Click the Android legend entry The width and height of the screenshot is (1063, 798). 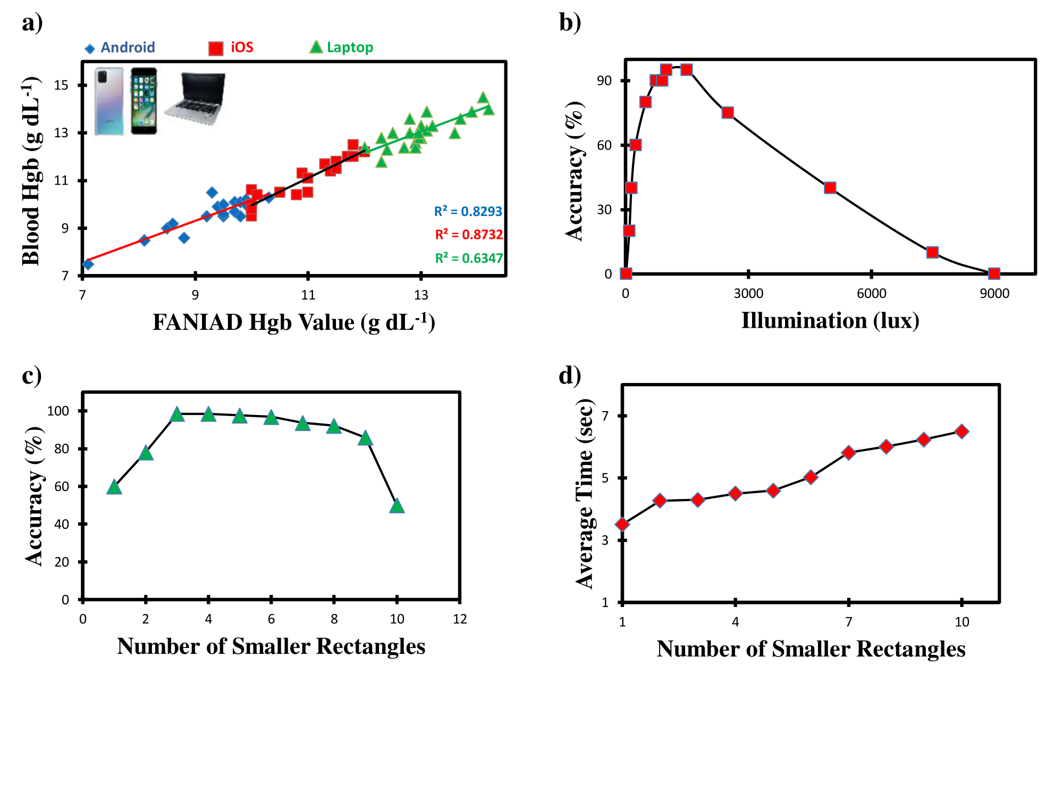121,48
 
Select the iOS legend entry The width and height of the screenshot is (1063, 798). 232,48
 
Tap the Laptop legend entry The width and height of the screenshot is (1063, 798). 342,47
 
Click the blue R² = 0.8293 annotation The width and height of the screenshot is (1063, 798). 468,211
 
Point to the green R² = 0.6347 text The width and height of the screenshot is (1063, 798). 468,258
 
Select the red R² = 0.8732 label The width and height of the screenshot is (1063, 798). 468,235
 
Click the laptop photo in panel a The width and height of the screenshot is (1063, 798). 196,98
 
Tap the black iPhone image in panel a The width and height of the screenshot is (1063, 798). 144,101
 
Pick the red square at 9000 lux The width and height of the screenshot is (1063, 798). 994,273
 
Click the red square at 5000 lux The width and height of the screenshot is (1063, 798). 830,188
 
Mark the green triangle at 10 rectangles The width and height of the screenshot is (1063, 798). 396,506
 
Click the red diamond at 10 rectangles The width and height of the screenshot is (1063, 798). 961,431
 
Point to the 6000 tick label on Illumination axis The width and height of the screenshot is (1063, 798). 872,294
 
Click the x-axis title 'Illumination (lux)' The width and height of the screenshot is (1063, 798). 830,321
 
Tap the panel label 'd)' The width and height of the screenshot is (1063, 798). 570,376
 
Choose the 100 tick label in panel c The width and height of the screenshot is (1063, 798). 58,411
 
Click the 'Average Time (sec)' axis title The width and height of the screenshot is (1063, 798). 585,494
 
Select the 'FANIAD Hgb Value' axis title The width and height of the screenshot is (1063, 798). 294,322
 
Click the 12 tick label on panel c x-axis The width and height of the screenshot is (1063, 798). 460,619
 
